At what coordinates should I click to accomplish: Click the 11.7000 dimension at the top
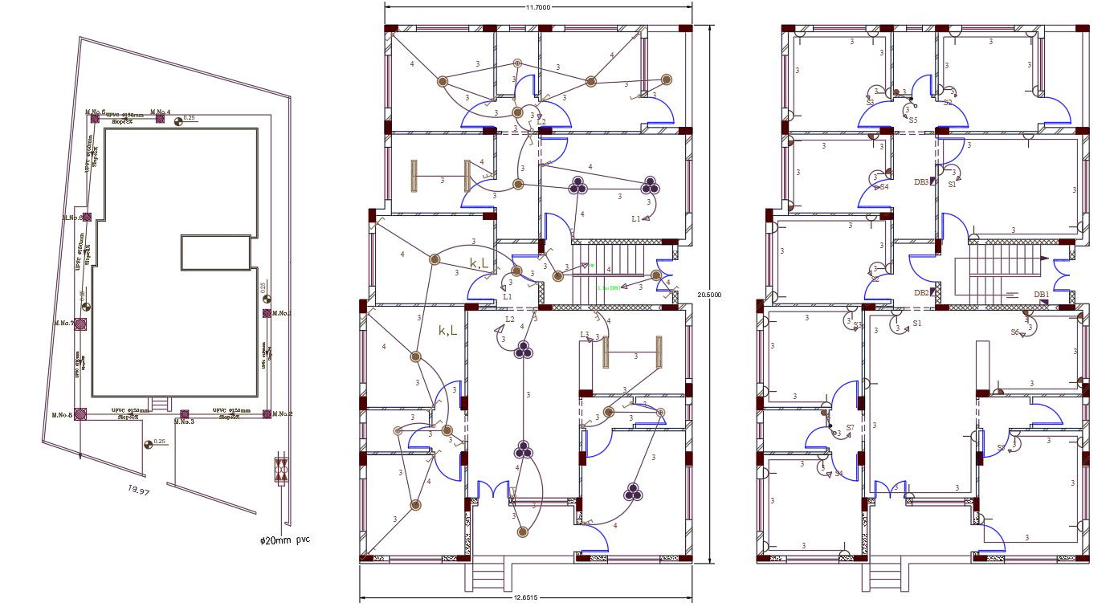[x=537, y=7]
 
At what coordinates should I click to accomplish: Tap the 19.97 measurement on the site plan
[x=139, y=490]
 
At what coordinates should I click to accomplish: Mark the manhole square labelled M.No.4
[x=161, y=119]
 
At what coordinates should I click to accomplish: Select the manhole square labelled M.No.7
[x=80, y=324]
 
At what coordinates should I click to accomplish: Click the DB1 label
[x=1041, y=295]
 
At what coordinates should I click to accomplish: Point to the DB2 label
[x=921, y=293]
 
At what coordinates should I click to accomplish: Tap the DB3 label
[x=920, y=182]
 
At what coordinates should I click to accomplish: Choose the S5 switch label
[x=913, y=120]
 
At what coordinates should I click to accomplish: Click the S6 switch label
[x=1015, y=332]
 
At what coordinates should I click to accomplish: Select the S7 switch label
[x=850, y=428]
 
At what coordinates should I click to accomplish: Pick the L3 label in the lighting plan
[x=585, y=334]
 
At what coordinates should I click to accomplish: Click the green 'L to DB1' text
[x=608, y=287]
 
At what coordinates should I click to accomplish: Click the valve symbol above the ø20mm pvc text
[x=280, y=470]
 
